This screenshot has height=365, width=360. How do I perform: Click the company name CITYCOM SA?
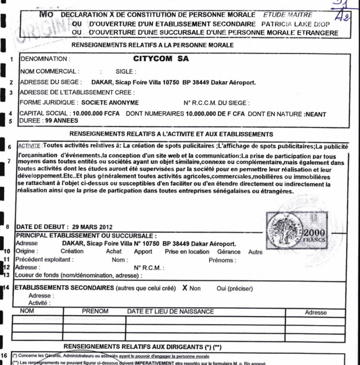(x=161, y=58)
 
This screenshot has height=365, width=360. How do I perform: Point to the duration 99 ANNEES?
(x=62, y=121)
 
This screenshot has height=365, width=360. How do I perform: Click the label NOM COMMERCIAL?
(x=49, y=71)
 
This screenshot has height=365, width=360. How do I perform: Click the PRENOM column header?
(x=95, y=311)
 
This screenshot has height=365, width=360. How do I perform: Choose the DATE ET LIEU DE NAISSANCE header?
(x=170, y=311)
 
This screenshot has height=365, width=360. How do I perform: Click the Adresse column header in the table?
(x=315, y=312)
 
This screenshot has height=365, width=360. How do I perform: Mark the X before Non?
(x=184, y=288)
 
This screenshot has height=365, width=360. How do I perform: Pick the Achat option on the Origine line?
(x=114, y=252)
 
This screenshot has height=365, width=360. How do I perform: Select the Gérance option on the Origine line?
(x=229, y=252)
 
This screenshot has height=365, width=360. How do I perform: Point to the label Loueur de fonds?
(x=39, y=275)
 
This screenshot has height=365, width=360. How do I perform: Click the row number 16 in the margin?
(x=5, y=356)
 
